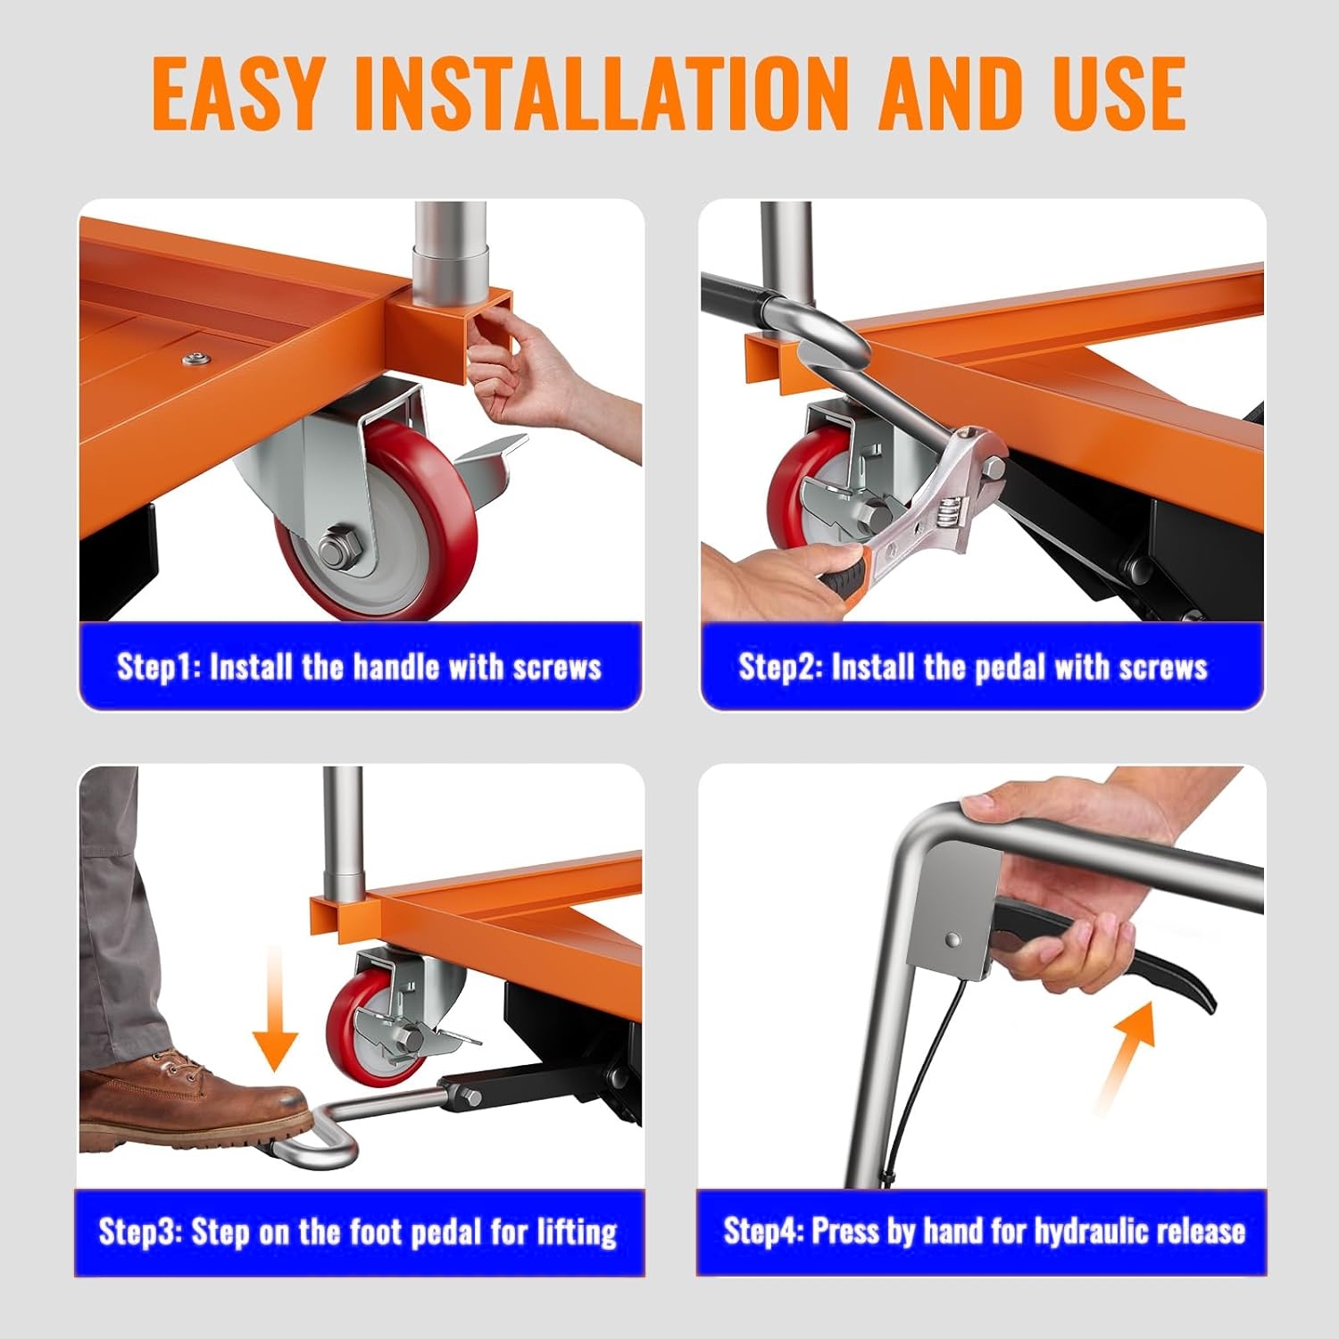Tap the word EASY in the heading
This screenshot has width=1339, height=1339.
pos(239,92)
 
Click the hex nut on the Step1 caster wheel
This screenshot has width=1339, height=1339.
pos(340,545)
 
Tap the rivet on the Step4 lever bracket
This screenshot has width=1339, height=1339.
pos(953,940)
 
